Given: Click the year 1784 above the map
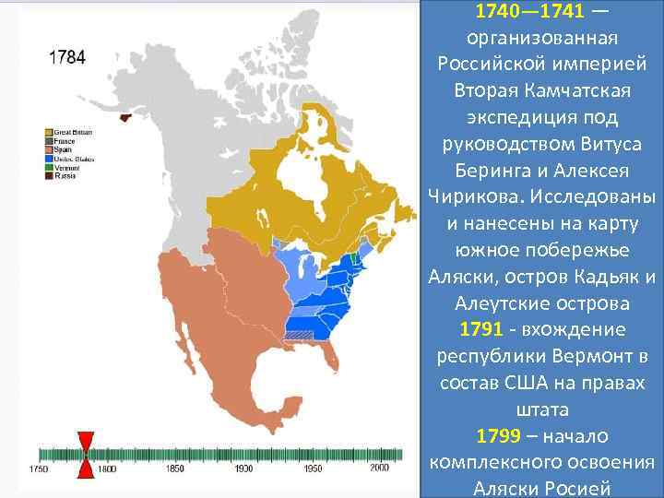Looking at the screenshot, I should (x=67, y=57).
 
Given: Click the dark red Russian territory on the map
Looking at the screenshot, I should (x=125, y=114).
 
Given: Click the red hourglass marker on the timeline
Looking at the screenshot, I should (x=86, y=455).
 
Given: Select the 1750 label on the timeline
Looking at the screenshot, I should (x=39, y=469).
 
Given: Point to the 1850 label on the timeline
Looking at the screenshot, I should (x=174, y=469).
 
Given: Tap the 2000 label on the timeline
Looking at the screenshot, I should (x=379, y=469).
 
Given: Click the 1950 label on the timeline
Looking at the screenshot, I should (x=312, y=469).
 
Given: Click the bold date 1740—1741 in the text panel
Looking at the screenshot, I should (x=523, y=14).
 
